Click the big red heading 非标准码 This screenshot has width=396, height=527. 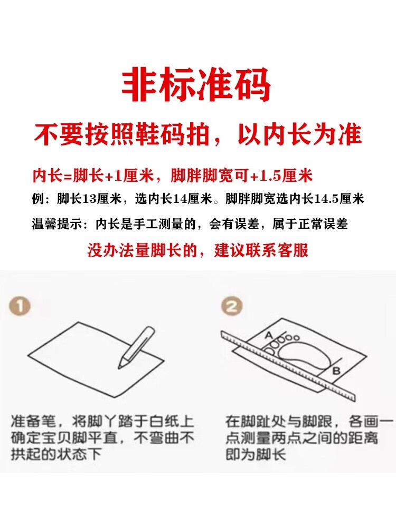click(x=196, y=85)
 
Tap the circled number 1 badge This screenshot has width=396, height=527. click(x=20, y=307)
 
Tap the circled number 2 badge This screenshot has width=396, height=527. click(x=232, y=306)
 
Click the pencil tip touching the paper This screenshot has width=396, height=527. click(x=120, y=367)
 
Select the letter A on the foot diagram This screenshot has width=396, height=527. click(x=268, y=335)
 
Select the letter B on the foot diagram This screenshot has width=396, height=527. click(x=336, y=371)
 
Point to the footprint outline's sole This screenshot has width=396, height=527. click(x=303, y=356)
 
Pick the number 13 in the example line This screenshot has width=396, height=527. click(x=89, y=199)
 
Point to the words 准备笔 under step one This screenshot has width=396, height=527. click(x=33, y=422)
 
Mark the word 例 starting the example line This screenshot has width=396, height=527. click(x=37, y=199)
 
